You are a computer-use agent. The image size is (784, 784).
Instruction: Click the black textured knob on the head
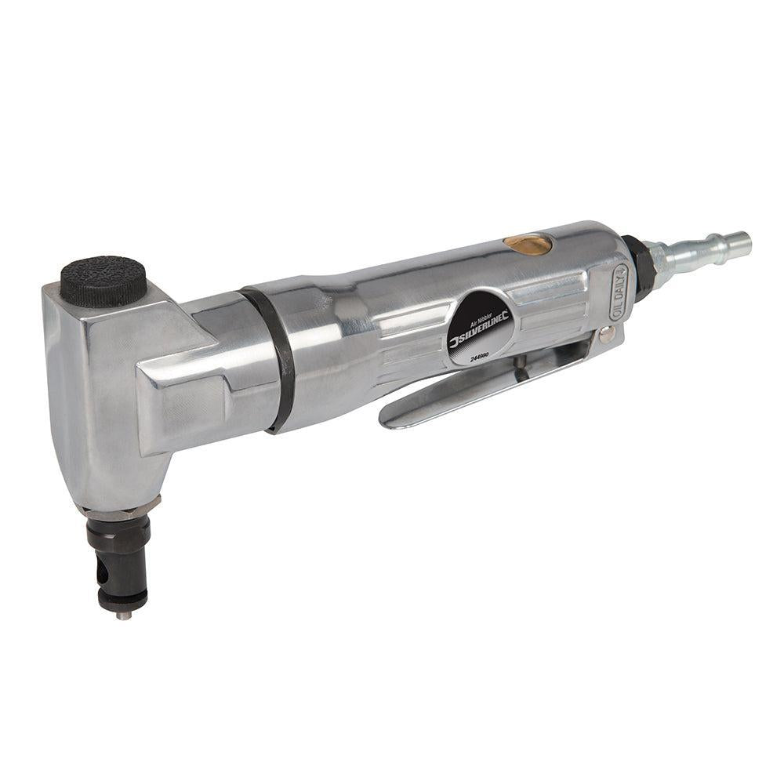(x=103, y=280)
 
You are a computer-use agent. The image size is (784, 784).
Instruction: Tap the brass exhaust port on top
(x=528, y=244)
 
